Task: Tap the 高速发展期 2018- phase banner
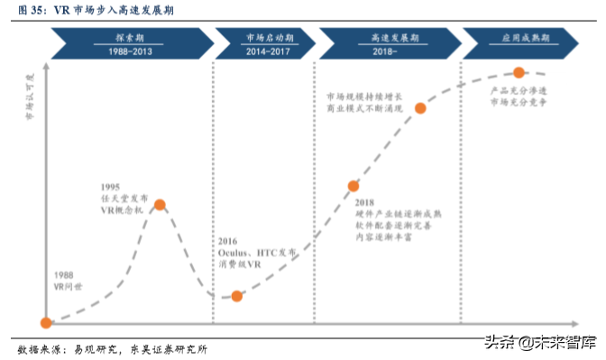pos(385,44)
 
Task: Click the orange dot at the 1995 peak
pos(160,205)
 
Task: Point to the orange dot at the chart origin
pos(46,322)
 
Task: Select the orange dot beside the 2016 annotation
pos(236,296)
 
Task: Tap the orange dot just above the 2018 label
pos(353,187)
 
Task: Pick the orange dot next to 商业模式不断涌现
pos(420,108)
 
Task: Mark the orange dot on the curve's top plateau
pos(519,72)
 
